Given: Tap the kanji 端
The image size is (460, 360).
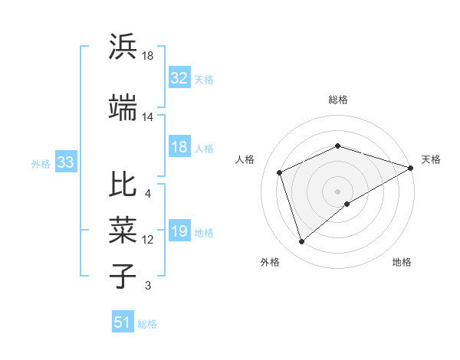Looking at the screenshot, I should [123, 109].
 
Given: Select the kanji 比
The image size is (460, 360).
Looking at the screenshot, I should [123, 184].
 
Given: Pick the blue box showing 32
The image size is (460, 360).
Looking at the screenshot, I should [179, 77].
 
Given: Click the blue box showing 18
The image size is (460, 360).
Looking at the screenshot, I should [179, 148].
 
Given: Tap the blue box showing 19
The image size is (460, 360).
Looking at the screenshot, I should [179, 232].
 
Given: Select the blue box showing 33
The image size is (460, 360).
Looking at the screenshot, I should [65, 162].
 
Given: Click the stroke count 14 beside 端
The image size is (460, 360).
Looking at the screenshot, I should [147, 117].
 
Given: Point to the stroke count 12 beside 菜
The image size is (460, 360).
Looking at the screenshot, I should [147, 240].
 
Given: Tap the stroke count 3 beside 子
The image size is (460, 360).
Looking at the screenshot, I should [147, 286].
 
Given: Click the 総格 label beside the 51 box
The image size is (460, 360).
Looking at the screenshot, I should [147, 324].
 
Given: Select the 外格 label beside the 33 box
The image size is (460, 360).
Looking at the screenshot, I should [41, 163].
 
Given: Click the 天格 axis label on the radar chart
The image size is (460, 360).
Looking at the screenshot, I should [431, 159].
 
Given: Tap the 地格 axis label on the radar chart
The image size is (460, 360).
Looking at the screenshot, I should [402, 262].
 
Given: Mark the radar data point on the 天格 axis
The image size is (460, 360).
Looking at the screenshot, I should [411, 168].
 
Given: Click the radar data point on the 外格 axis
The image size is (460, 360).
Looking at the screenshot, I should [301, 242].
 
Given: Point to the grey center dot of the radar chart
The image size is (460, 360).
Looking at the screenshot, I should [337, 191].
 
